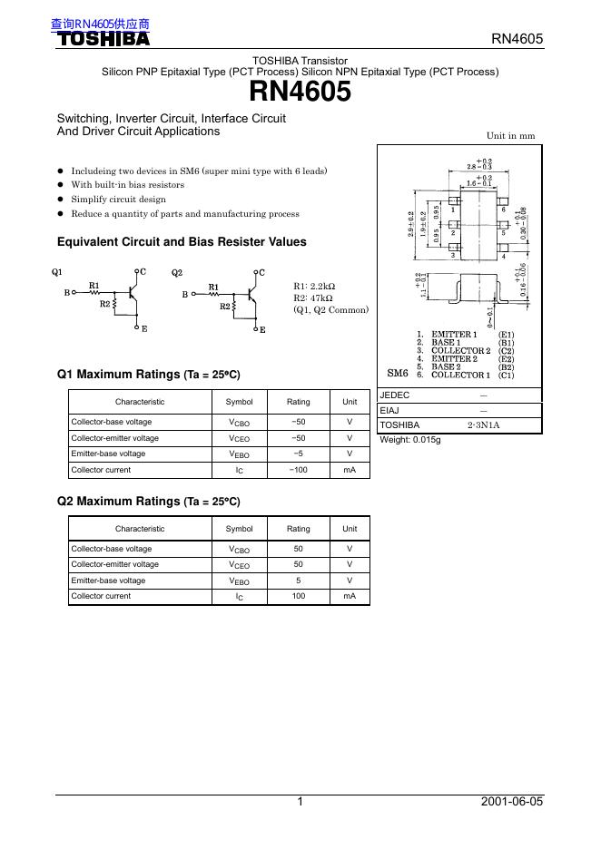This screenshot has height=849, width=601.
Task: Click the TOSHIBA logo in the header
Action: [x=103, y=39]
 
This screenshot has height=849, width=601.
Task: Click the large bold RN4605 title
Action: [x=300, y=92]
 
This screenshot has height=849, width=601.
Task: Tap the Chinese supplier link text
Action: [x=100, y=24]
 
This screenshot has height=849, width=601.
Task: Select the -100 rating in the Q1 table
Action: [x=298, y=470]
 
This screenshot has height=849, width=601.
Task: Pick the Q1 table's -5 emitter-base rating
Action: [x=298, y=454]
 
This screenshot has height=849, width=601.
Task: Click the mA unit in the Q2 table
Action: [x=350, y=597]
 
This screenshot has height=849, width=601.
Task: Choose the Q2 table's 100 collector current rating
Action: [x=298, y=597]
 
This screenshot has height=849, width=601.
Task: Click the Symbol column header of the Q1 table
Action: [x=240, y=402]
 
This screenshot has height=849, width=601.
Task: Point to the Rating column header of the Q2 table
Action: [x=298, y=529]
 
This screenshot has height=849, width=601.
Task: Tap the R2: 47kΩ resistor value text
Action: [x=313, y=298]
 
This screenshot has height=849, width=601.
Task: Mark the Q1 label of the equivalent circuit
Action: [x=57, y=273]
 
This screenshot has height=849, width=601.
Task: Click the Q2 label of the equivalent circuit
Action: [x=177, y=273]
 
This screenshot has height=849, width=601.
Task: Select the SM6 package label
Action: [x=398, y=373]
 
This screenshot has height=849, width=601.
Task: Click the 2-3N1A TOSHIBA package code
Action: [x=483, y=424]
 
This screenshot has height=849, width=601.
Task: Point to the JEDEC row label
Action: [x=395, y=395]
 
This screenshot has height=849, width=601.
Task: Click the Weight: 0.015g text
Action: [x=409, y=440]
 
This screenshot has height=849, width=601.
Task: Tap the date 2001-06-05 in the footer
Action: [x=512, y=802]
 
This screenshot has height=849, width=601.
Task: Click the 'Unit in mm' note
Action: [x=510, y=135]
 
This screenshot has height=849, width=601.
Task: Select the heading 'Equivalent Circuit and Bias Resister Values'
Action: [x=182, y=242]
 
